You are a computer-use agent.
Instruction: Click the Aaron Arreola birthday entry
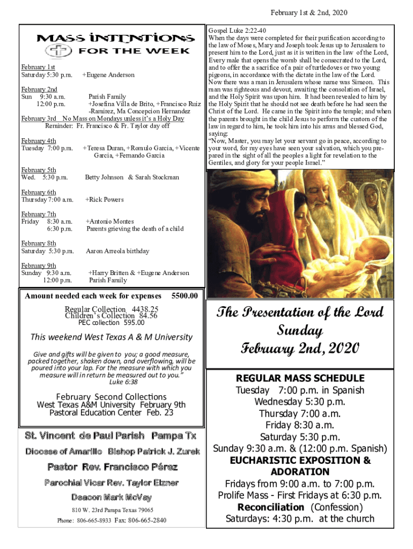coord(117,251)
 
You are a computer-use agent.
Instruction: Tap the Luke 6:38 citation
coord(123,382)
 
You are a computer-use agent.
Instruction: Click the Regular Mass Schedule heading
coord(300,378)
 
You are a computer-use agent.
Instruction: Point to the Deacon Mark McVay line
coord(112,496)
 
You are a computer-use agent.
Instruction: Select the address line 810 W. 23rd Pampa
coord(112,510)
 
